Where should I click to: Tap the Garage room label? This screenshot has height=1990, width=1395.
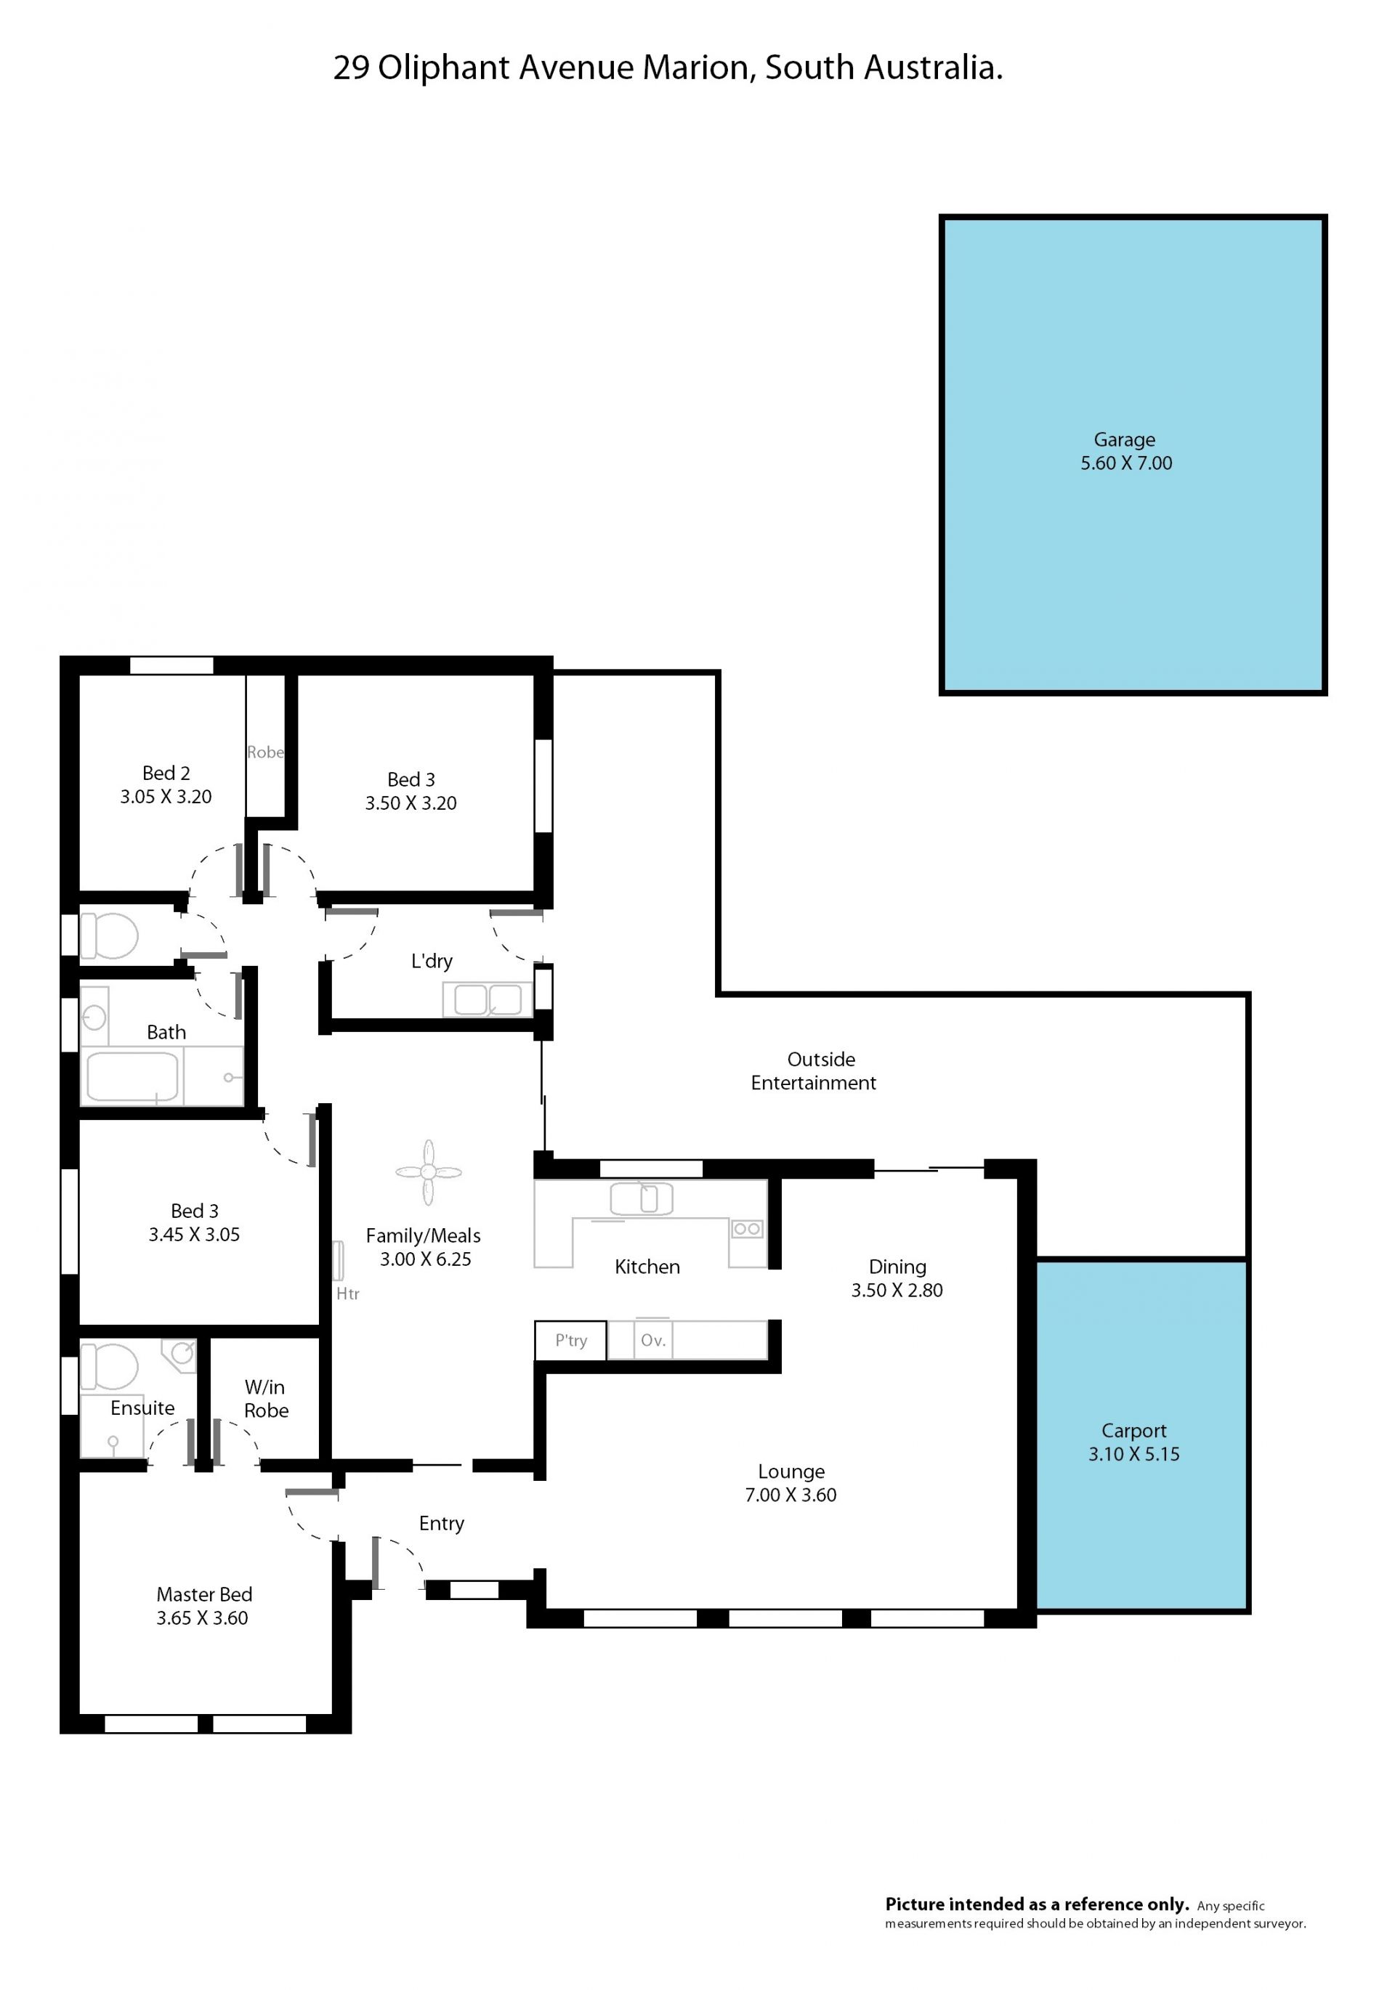point(1125,439)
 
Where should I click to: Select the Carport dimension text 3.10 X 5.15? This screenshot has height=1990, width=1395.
point(1134,1454)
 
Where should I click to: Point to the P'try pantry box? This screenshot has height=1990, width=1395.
point(570,1340)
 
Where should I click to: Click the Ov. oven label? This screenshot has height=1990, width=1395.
point(653,1340)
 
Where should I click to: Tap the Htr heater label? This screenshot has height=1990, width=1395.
point(348,1293)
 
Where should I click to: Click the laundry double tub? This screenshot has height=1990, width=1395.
point(488,999)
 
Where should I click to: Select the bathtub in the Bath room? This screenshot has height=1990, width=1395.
point(132,1076)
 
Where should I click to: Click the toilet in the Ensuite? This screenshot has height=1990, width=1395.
point(109,1367)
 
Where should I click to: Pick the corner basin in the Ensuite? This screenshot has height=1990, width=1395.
point(181,1354)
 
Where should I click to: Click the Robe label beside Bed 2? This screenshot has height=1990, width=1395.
point(265,752)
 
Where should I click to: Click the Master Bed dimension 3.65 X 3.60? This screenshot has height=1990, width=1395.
point(202,1617)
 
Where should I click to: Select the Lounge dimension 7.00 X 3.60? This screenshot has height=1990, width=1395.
point(790,1494)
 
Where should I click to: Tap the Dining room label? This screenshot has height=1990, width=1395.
point(897,1267)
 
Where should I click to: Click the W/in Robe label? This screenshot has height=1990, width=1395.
point(265,1399)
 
